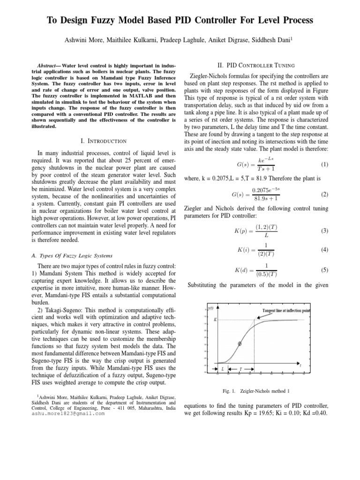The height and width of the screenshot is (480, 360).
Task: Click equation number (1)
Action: [x=325, y=165]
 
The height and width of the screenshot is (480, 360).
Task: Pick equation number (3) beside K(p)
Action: [x=325, y=231]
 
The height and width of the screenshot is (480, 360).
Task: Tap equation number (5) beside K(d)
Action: [x=325, y=270]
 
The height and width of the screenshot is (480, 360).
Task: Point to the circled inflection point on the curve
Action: [x=240, y=343]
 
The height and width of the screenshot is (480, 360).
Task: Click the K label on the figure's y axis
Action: [x=215, y=320]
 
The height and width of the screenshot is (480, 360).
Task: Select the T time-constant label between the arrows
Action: [x=240, y=369]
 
